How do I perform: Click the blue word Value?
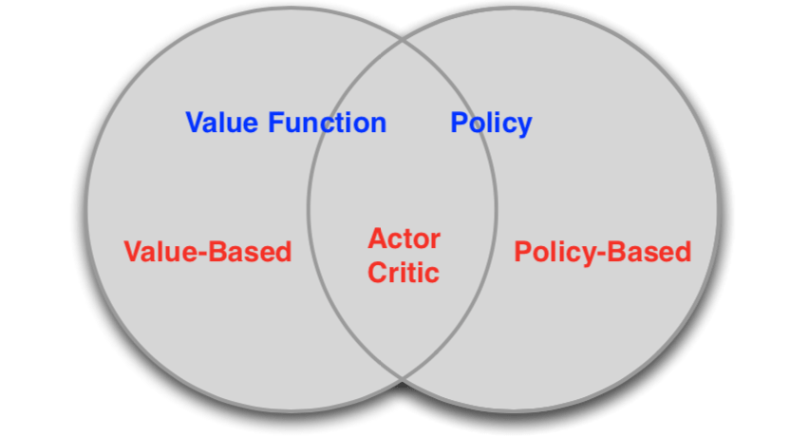pos(221,123)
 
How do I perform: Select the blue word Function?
pos(327,123)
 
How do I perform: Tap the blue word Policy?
pos(491,124)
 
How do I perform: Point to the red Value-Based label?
pos(208,252)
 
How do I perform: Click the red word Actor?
pos(404,238)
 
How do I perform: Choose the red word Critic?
pos(404,273)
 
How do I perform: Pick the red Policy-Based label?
pos(603,253)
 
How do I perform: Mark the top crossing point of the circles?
pos(403,40)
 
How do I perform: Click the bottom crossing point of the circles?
pos(403,378)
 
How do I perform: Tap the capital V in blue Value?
pos(195,123)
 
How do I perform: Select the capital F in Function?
pos(275,123)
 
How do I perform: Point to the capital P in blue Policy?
pos(459,123)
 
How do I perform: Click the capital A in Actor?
pos(378,238)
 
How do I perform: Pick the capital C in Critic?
pos(378,273)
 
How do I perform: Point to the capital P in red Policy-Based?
pos(522,252)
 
